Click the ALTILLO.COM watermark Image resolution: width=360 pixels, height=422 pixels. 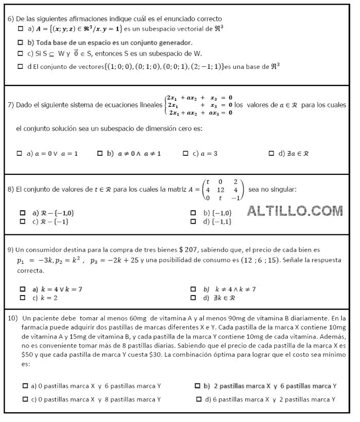(x=295, y=211)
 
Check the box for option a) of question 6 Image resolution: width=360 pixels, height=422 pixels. (x=21, y=29)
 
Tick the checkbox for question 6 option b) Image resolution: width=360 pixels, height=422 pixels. (x=21, y=42)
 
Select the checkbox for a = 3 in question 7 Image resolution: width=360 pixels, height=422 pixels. (x=186, y=153)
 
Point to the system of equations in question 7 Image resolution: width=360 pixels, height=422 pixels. (x=199, y=105)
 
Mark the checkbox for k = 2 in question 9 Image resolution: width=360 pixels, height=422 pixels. (x=22, y=298)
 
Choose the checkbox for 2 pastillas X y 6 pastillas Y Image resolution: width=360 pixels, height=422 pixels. (x=197, y=386)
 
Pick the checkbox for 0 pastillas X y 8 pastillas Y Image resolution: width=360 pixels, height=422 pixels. (x=25, y=399)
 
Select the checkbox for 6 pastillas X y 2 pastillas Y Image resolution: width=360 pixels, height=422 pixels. (x=199, y=399)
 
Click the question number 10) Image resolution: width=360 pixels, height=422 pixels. (x=13, y=318)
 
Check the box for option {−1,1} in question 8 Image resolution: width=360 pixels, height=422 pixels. (x=193, y=222)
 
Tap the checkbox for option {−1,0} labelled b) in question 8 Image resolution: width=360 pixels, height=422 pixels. (x=193, y=213)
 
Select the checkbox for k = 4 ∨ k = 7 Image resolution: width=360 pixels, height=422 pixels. (x=22, y=289)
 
